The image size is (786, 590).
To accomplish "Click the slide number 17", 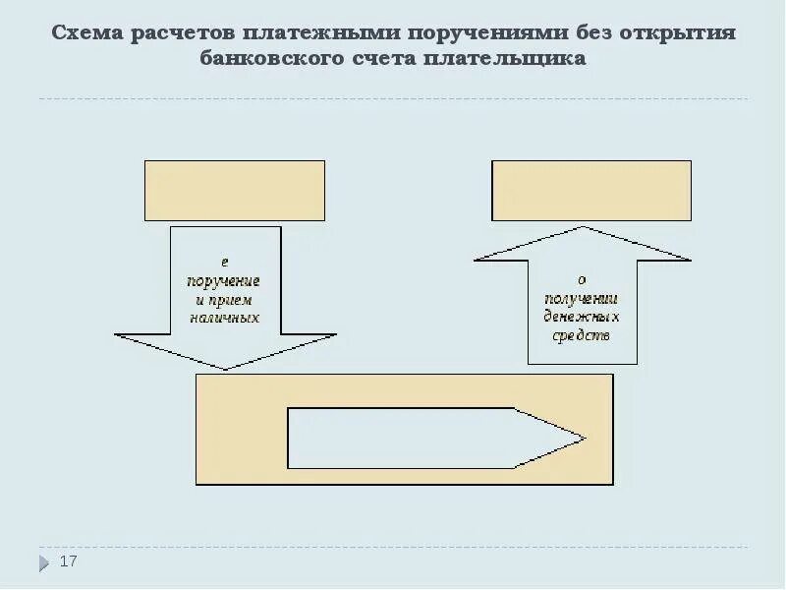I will [68, 561].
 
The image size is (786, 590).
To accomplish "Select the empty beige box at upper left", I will [234, 191].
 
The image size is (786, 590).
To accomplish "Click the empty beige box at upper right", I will [590, 191].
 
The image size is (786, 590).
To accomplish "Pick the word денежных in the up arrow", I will [582, 316].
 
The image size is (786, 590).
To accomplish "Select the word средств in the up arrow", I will [582, 334].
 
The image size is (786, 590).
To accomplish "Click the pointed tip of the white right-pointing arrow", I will [585, 438].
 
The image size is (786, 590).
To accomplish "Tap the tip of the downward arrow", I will [226, 369].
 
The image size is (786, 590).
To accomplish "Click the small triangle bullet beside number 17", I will [44, 563].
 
